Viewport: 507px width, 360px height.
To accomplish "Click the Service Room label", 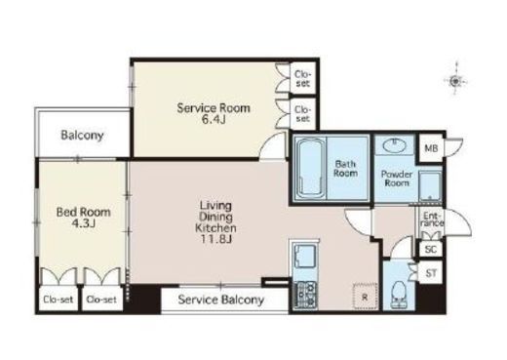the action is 214,108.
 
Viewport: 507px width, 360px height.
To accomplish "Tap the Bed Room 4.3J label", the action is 84,218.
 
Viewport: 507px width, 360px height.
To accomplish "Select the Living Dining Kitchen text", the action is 215,217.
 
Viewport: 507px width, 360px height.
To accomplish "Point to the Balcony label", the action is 82,135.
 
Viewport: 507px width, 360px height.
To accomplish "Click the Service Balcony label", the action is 221,300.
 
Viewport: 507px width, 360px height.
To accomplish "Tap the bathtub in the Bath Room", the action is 311,169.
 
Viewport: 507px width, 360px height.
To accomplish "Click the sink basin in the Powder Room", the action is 394,145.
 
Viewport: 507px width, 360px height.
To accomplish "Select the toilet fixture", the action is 399,295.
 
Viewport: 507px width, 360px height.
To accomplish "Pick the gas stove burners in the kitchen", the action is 305,295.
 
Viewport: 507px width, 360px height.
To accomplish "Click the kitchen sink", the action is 305,256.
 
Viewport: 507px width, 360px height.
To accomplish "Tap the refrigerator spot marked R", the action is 366,297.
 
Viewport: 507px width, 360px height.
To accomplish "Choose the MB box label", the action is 431,148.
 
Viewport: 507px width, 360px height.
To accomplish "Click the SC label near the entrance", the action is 431,250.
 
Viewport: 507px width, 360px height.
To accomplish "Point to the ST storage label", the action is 431,273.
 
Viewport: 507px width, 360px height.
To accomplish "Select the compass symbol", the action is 455,81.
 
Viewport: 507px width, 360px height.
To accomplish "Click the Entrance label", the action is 433,220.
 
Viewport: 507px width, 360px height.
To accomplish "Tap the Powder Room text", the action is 397,179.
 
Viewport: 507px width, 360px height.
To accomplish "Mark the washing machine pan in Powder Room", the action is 430,186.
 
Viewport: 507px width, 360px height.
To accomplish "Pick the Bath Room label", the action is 345,169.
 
